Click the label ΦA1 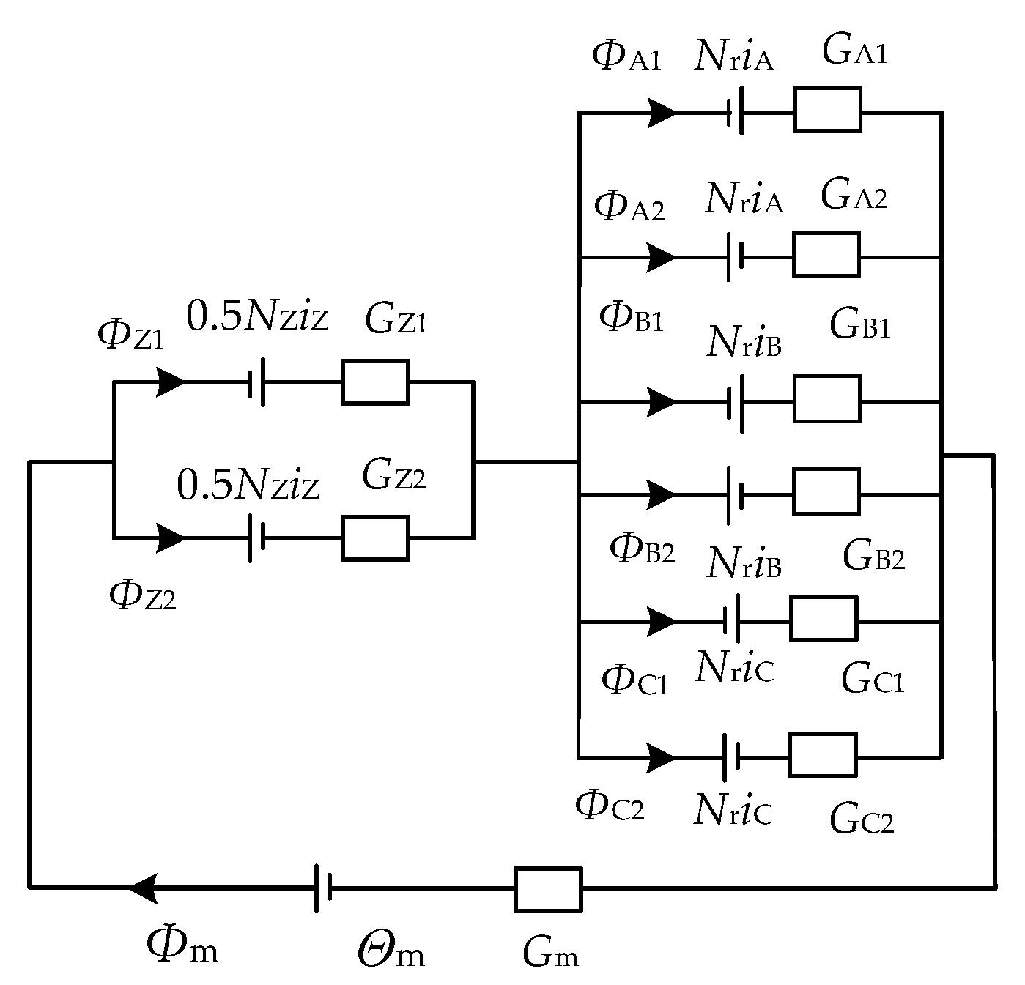click(626, 57)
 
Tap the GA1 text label click(854, 51)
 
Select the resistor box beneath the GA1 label click(827, 110)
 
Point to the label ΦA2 click(629, 207)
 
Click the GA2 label click(854, 196)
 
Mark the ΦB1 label click(631, 319)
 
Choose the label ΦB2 click(642, 549)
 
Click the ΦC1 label click(634, 680)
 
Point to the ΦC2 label click(610, 806)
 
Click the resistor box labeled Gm click(548, 889)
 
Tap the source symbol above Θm click(323, 888)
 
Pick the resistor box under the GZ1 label click(375, 382)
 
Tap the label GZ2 click(393, 476)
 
